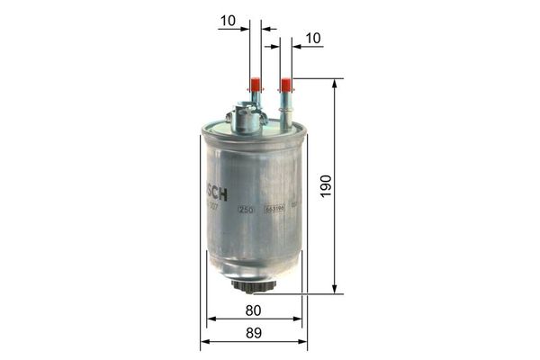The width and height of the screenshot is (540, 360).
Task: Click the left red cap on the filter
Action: pos(256,86)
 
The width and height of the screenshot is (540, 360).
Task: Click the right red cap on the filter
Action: pos(286,86)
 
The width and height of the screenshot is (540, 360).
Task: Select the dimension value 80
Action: pos(253,310)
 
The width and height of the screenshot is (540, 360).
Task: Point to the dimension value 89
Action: pos(253,333)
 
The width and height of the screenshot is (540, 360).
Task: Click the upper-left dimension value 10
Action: pos(227,19)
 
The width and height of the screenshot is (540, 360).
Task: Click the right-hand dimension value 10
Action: pos(313,38)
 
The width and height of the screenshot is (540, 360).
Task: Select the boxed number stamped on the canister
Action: pos(274,209)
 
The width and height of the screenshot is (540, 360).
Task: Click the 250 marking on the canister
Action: pos(244,209)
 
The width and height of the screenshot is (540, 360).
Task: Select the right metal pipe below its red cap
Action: pos(286,112)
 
